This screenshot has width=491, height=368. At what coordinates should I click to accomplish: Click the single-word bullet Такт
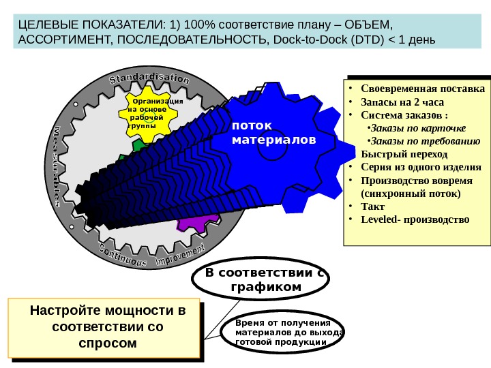pos(372,206)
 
